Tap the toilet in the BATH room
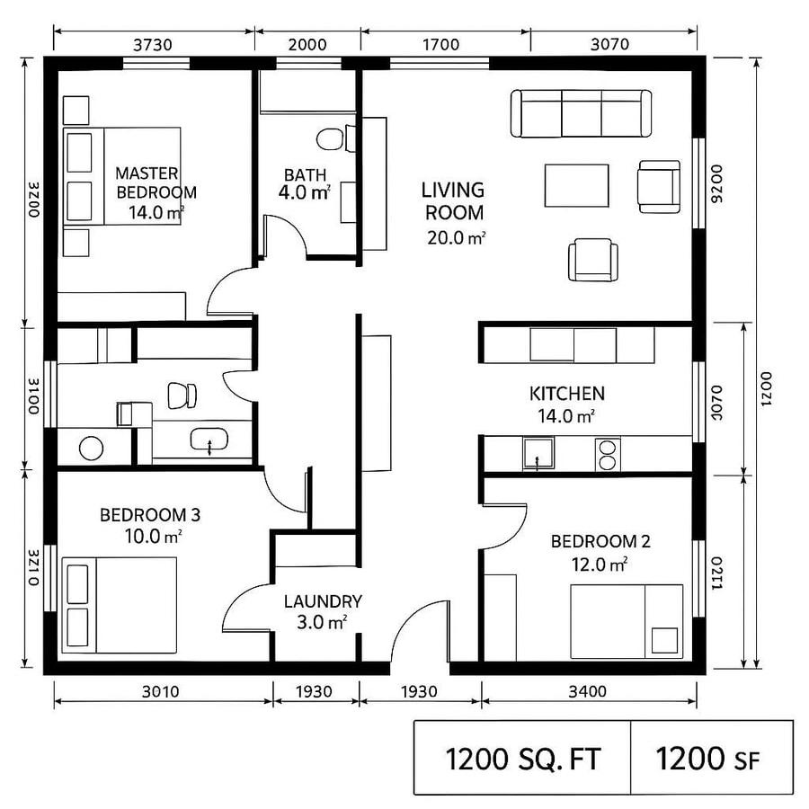click(x=330, y=139)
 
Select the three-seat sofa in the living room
click(x=582, y=113)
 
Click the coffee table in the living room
click(x=576, y=185)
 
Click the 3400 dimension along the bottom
click(x=588, y=691)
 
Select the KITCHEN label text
click(x=566, y=394)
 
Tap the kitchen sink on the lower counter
click(x=538, y=454)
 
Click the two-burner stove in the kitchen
click(x=608, y=454)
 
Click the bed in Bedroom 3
click(x=120, y=605)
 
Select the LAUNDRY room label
click(x=323, y=601)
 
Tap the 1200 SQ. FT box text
click(x=521, y=760)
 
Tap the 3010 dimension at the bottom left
click(x=162, y=691)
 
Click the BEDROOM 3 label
click(x=149, y=516)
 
